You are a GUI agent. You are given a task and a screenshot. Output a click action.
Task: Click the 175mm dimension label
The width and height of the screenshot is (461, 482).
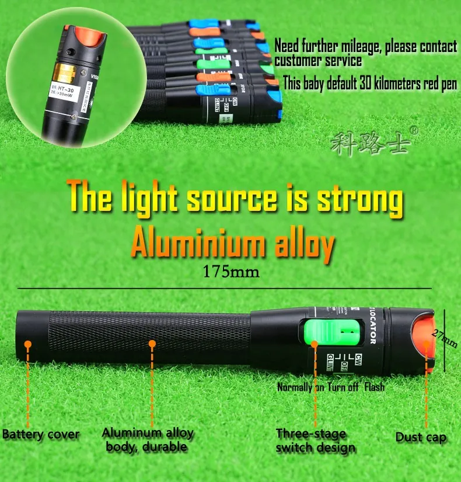[x=230, y=272]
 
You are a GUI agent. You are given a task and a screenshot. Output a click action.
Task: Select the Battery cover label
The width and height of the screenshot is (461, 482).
[x=41, y=435]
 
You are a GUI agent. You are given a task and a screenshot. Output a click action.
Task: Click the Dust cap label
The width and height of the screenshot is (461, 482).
[x=421, y=437]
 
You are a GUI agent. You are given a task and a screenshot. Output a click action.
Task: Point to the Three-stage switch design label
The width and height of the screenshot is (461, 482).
[x=315, y=441]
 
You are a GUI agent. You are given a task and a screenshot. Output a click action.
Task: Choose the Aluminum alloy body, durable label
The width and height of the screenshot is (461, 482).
[x=148, y=440]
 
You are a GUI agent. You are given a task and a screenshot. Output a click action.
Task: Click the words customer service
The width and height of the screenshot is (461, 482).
[x=318, y=61]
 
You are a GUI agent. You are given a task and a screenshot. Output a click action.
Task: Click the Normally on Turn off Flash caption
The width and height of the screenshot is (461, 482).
[x=330, y=387]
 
